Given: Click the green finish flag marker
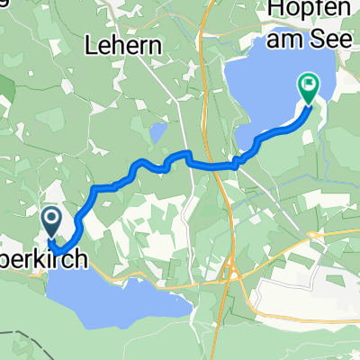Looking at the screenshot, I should [307, 88].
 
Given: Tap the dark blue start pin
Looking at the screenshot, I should [49, 220].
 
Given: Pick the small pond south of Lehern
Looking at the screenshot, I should [158, 133].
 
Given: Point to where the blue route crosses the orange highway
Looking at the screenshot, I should [217, 165].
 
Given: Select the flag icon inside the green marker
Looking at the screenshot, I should [307, 86].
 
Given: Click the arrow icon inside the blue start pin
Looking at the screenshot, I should [49, 218].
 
